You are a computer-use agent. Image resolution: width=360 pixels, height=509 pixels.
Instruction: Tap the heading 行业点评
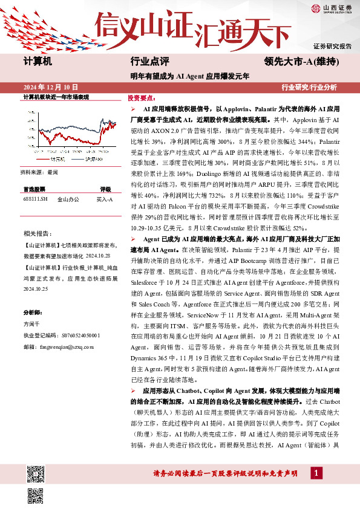point(149,62)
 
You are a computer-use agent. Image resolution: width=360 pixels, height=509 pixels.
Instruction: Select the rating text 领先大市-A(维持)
point(301,62)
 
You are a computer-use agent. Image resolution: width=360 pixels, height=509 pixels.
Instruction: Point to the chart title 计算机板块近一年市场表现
point(56,97)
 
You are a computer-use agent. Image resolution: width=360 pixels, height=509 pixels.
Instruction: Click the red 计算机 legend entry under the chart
point(58,158)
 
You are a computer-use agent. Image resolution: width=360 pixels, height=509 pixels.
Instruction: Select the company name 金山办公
point(67,198)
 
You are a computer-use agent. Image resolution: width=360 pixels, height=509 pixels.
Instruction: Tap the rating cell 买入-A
point(105,198)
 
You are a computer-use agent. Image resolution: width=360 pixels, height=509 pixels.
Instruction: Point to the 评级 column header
point(105,189)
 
